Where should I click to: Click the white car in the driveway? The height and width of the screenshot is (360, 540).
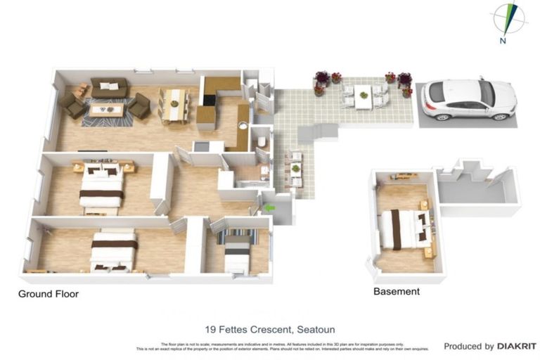[468, 99]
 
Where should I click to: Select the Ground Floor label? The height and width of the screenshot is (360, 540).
[49, 294]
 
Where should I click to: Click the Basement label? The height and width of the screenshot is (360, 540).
[397, 291]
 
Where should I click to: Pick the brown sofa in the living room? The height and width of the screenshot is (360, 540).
[109, 89]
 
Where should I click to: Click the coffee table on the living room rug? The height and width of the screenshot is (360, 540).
[106, 110]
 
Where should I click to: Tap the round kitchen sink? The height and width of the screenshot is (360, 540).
[243, 127]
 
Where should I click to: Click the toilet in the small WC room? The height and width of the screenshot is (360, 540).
[261, 143]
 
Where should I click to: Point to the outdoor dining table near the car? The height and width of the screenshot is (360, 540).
[363, 97]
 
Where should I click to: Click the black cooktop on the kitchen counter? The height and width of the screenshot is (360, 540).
[200, 146]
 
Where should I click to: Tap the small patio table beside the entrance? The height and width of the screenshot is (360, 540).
[295, 169]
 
